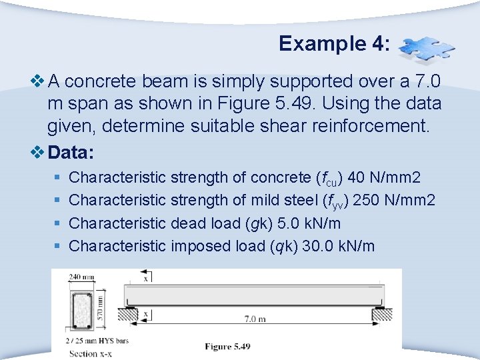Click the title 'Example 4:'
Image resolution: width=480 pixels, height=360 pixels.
click(x=334, y=43)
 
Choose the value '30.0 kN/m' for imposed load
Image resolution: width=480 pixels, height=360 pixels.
click(x=339, y=246)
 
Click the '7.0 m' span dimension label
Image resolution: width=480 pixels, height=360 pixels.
click(x=255, y=319)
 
